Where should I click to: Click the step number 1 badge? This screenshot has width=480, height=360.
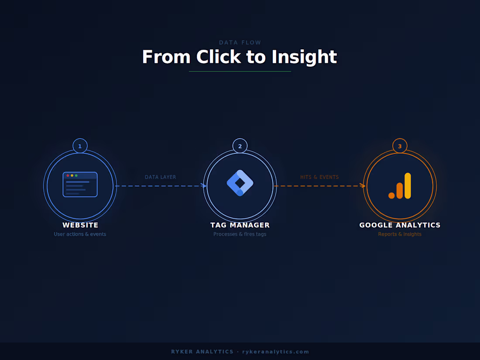click(80, 146)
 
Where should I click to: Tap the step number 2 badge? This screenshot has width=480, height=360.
click(240, 146)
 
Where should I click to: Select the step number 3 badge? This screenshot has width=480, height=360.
click(400, 146)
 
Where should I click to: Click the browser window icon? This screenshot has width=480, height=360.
click(80, 185)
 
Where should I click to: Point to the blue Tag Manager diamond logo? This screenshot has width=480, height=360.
click(240, 183)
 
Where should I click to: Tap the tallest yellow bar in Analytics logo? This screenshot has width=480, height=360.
click(408, 185)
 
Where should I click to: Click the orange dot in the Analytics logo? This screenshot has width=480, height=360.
click(391, 195)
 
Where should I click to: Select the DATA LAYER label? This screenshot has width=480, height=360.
click(161, 177)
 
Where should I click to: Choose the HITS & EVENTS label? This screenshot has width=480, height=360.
click(319, 177)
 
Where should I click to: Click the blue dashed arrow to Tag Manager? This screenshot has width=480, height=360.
click(161, 186)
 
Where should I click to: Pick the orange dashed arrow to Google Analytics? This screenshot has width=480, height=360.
click(319, 186)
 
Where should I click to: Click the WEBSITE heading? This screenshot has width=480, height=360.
click(80, 225)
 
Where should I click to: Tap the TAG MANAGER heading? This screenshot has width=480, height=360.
click(240, 225)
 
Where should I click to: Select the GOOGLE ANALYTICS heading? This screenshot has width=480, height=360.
click(400, 225)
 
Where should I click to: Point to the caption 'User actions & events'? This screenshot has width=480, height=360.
click(80, 234)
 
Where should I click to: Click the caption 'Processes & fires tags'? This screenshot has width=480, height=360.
click(240, 234)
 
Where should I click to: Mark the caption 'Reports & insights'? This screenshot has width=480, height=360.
click(400, 234)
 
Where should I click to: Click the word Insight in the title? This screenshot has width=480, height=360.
click(304, 57)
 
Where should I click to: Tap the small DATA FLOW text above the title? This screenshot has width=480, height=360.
click(240, 43)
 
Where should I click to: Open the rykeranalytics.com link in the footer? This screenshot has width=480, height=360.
click(276, 352)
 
